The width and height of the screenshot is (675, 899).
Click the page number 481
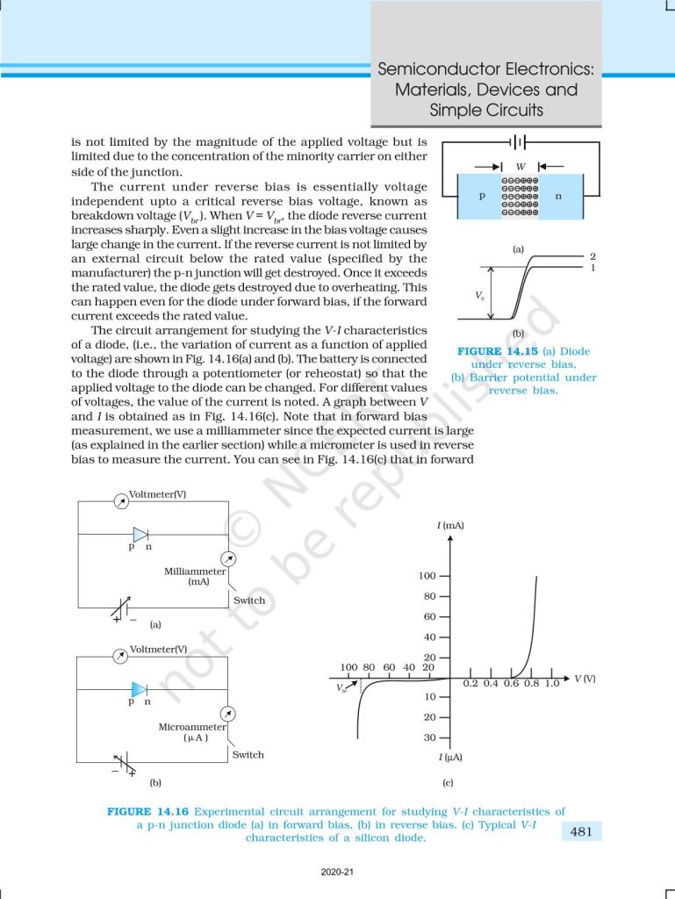(581, 831)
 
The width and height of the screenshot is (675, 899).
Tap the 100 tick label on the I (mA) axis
(427, 576)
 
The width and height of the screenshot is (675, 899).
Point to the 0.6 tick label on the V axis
(511, 683)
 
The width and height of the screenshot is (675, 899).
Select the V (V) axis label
(584, 679)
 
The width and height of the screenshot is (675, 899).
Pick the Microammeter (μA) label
(192, 732)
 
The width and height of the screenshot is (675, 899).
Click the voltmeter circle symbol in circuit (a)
(120, 500)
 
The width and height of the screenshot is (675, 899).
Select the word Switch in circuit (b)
(248, 754)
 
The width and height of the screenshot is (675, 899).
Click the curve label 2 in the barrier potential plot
(592, 255)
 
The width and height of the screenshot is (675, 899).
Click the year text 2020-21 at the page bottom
(337, 872)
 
